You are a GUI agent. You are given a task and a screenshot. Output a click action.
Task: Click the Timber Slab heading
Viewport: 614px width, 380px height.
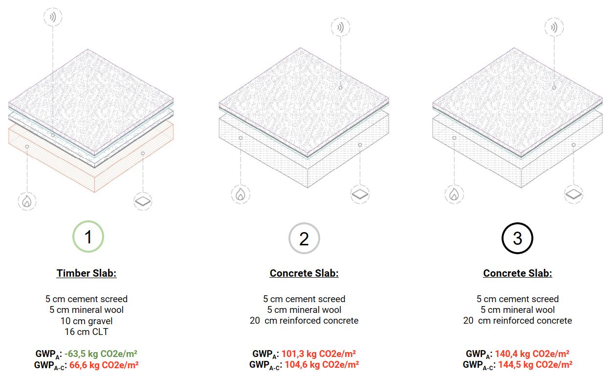click(x=87, y=273)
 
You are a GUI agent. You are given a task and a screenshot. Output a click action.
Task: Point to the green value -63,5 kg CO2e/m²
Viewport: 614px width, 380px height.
click(x=101, y=354)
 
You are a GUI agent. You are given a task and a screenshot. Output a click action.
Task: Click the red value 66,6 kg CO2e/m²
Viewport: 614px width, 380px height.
click(x=104, y=365)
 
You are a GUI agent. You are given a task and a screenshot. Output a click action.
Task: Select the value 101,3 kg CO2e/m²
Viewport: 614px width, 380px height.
click(x=319, y=354)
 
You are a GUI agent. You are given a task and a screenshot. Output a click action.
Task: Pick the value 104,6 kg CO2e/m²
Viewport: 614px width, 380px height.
click(x=322, y=365)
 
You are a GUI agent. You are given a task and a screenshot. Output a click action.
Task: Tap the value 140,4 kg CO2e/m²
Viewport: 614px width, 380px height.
click(x=532, y=354)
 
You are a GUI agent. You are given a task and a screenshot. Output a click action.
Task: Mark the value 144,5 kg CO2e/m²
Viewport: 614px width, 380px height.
click(x=535, y=365)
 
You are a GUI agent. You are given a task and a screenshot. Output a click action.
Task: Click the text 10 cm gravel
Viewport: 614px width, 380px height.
click(x=87, y=321)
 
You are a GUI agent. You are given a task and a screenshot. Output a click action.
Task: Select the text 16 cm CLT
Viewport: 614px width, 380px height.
click(x=87, y=332)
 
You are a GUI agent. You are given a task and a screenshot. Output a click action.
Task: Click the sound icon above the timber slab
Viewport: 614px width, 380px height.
click(x=53, y=17)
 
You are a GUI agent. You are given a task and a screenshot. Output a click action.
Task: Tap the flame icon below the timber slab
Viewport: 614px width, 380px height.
click(x=27, y=201)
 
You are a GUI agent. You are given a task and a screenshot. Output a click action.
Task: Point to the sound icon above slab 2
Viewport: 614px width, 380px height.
click(x=340, y=27)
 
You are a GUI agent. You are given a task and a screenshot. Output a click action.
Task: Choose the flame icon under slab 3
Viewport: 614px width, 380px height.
click(x=454, y=194)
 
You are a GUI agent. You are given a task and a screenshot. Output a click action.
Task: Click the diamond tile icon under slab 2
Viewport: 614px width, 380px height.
click(x=360, y=194)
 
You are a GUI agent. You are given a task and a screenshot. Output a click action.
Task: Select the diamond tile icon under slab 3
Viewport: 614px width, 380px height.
click(x=574, y=194)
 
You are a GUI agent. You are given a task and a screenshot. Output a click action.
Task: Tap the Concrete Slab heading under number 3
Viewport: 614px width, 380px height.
click(x=518, y=273)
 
